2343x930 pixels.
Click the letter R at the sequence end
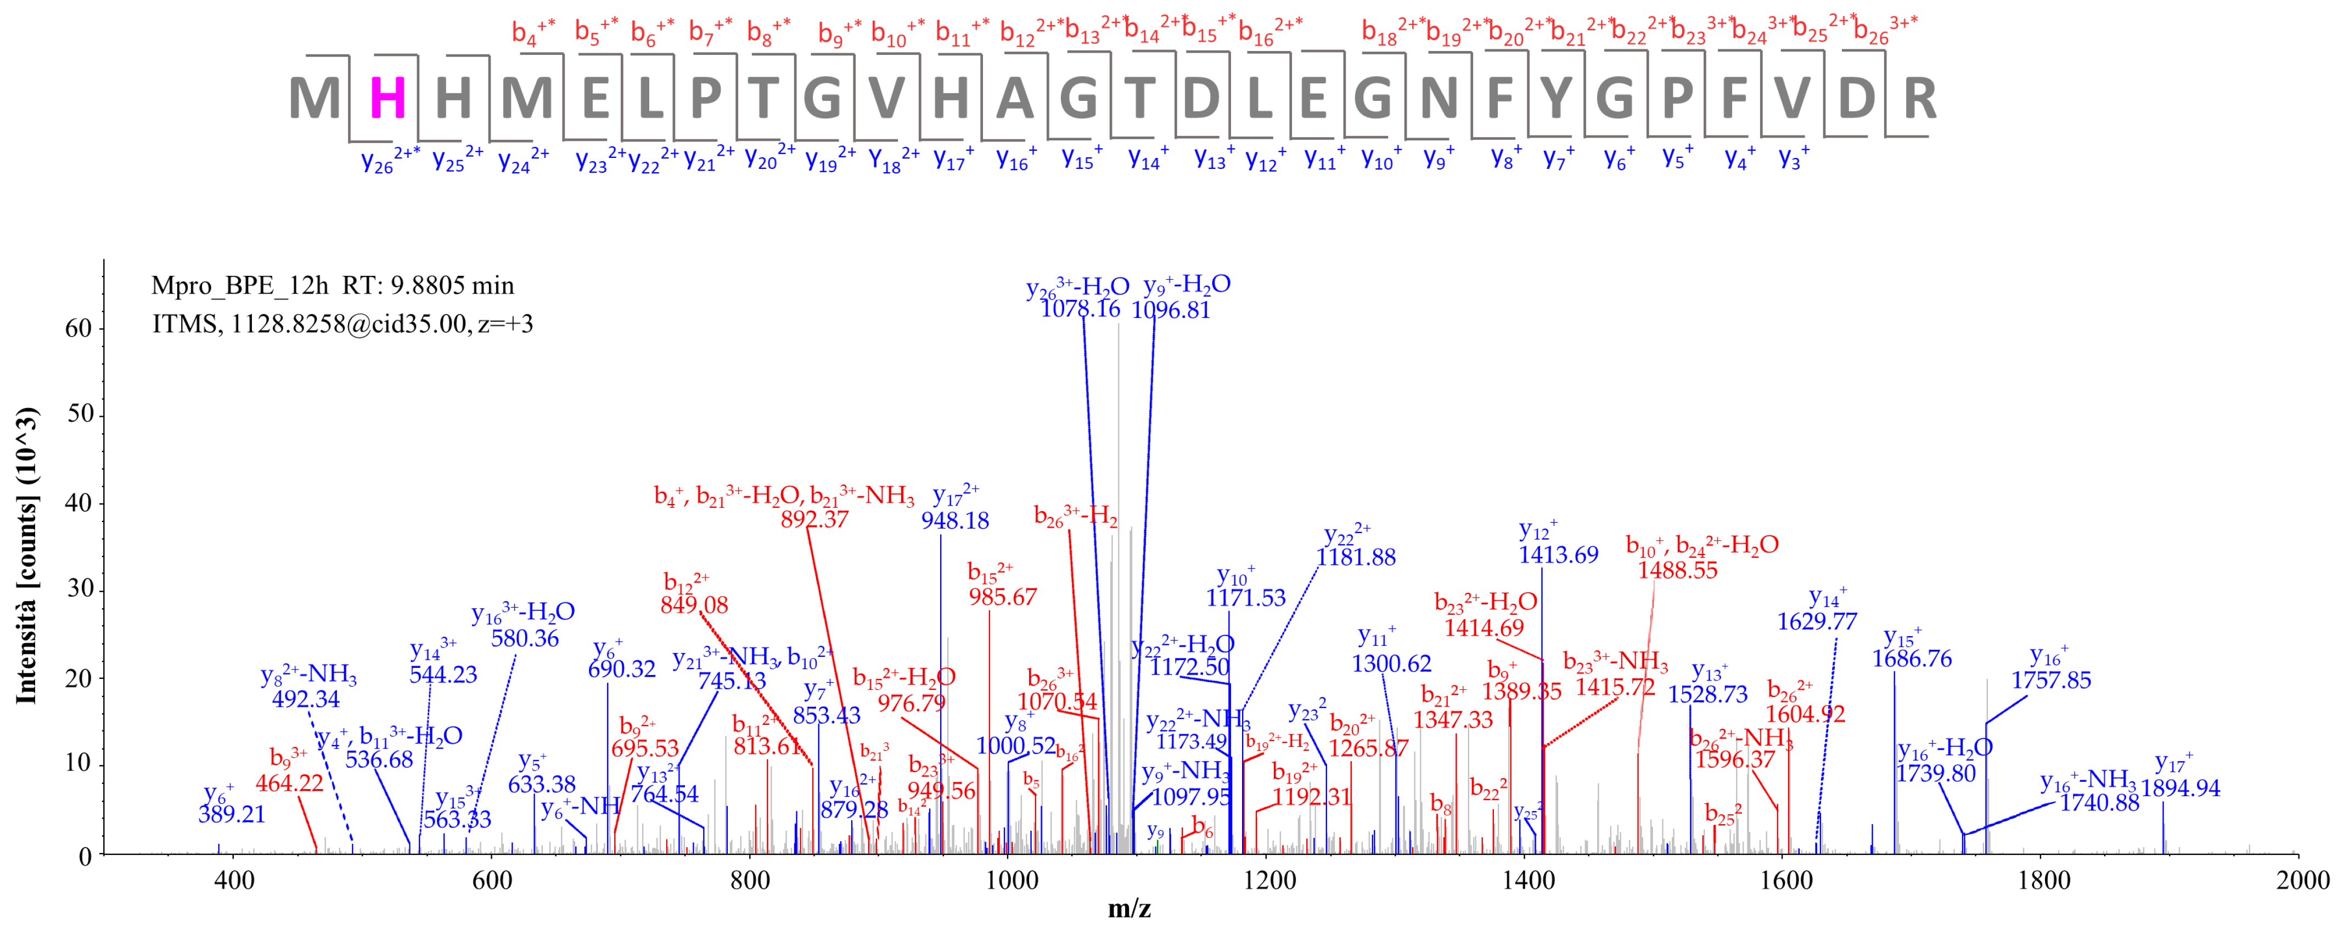point(1919,98)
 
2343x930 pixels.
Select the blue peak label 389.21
point(232,814)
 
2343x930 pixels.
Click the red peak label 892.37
point(814,519)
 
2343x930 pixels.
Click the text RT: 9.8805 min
point(428,286)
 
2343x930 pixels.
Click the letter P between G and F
point(1676,98)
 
